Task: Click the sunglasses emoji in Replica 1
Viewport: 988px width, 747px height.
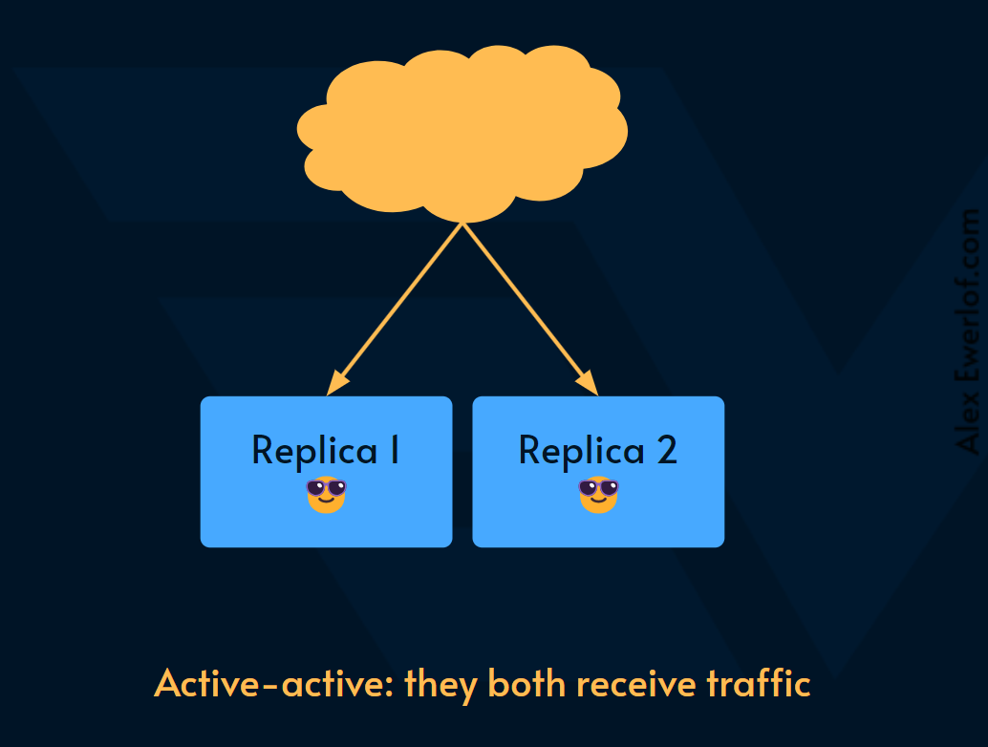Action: click(x=326, y=494)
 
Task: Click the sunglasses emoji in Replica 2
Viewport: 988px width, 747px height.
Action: click(x=599, y=494)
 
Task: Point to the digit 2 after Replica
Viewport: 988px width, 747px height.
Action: click(x=666, y=449)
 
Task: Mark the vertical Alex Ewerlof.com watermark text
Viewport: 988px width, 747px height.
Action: click(x=968, y=331)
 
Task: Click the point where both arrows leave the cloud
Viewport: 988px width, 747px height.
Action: click(x=463, y=224)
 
